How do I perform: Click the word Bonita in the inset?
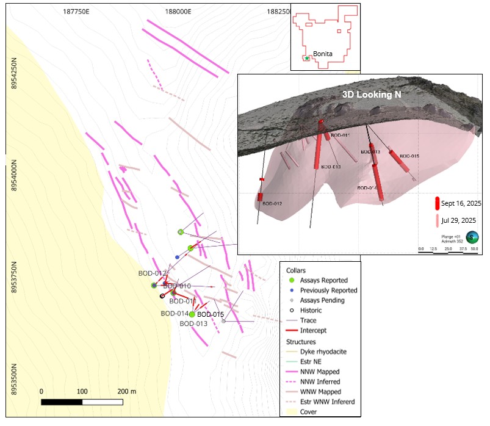pyautogui.click(x=322, y=54)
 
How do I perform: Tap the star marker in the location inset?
pyautogui.click(x=307, y=58)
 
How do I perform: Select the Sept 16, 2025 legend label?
pyautogui.click(x=461, y=203)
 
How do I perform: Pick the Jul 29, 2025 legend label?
pyautogui.click(x=459, y=220)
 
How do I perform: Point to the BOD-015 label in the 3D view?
pyautogui.click(x=409, y=156)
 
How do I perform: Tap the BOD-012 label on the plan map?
pyautogui.click(x=152, y=273)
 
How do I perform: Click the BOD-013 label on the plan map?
pyautogui.click(x=193, y=323)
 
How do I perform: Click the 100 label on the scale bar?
pyautogui.click(x=82, y=391)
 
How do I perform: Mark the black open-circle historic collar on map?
pyautogui.click(x=162, y=297)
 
